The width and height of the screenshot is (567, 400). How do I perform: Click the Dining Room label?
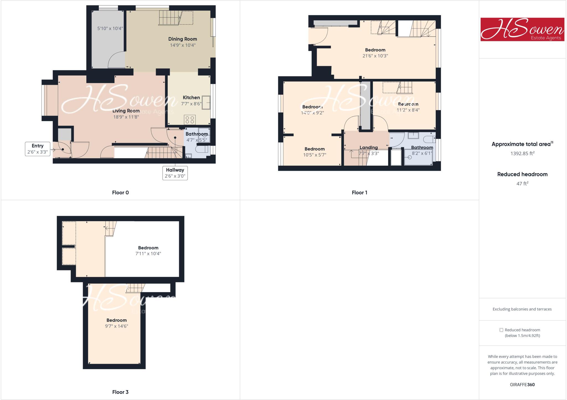point(182,39)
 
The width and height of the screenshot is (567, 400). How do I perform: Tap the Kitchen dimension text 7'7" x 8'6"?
point(191,104)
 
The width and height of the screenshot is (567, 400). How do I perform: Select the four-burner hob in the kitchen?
point(190,120)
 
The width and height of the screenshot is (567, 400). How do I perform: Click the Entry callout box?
point(38,149)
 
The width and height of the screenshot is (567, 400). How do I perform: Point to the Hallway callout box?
point(175,173)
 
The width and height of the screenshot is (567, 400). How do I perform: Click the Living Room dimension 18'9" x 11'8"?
point(126,117)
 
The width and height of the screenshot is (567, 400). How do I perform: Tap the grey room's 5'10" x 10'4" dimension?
point(110,28)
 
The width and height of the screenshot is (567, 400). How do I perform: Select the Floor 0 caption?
point(120,193)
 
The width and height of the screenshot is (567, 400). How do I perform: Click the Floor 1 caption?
point(359,193)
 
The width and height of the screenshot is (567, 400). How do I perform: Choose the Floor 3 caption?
point(120,392)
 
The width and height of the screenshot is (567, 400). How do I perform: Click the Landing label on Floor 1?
point(368,147)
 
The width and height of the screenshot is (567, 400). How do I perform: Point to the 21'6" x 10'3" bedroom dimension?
point(375,56)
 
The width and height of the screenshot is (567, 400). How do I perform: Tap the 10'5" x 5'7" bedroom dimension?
point(315,155)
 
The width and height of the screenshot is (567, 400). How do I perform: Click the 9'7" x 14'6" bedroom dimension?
point(117,326)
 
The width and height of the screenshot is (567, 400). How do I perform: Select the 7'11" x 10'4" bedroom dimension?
point(148,254)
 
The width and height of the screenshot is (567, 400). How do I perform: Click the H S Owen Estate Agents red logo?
point(522,29)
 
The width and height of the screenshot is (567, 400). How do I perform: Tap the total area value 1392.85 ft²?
point(522,154)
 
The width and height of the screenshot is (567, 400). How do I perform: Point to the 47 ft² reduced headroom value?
point(522,183)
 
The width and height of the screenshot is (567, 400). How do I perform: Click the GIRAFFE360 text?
point(522,385)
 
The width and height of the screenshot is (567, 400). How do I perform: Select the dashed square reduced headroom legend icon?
point(501,330)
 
